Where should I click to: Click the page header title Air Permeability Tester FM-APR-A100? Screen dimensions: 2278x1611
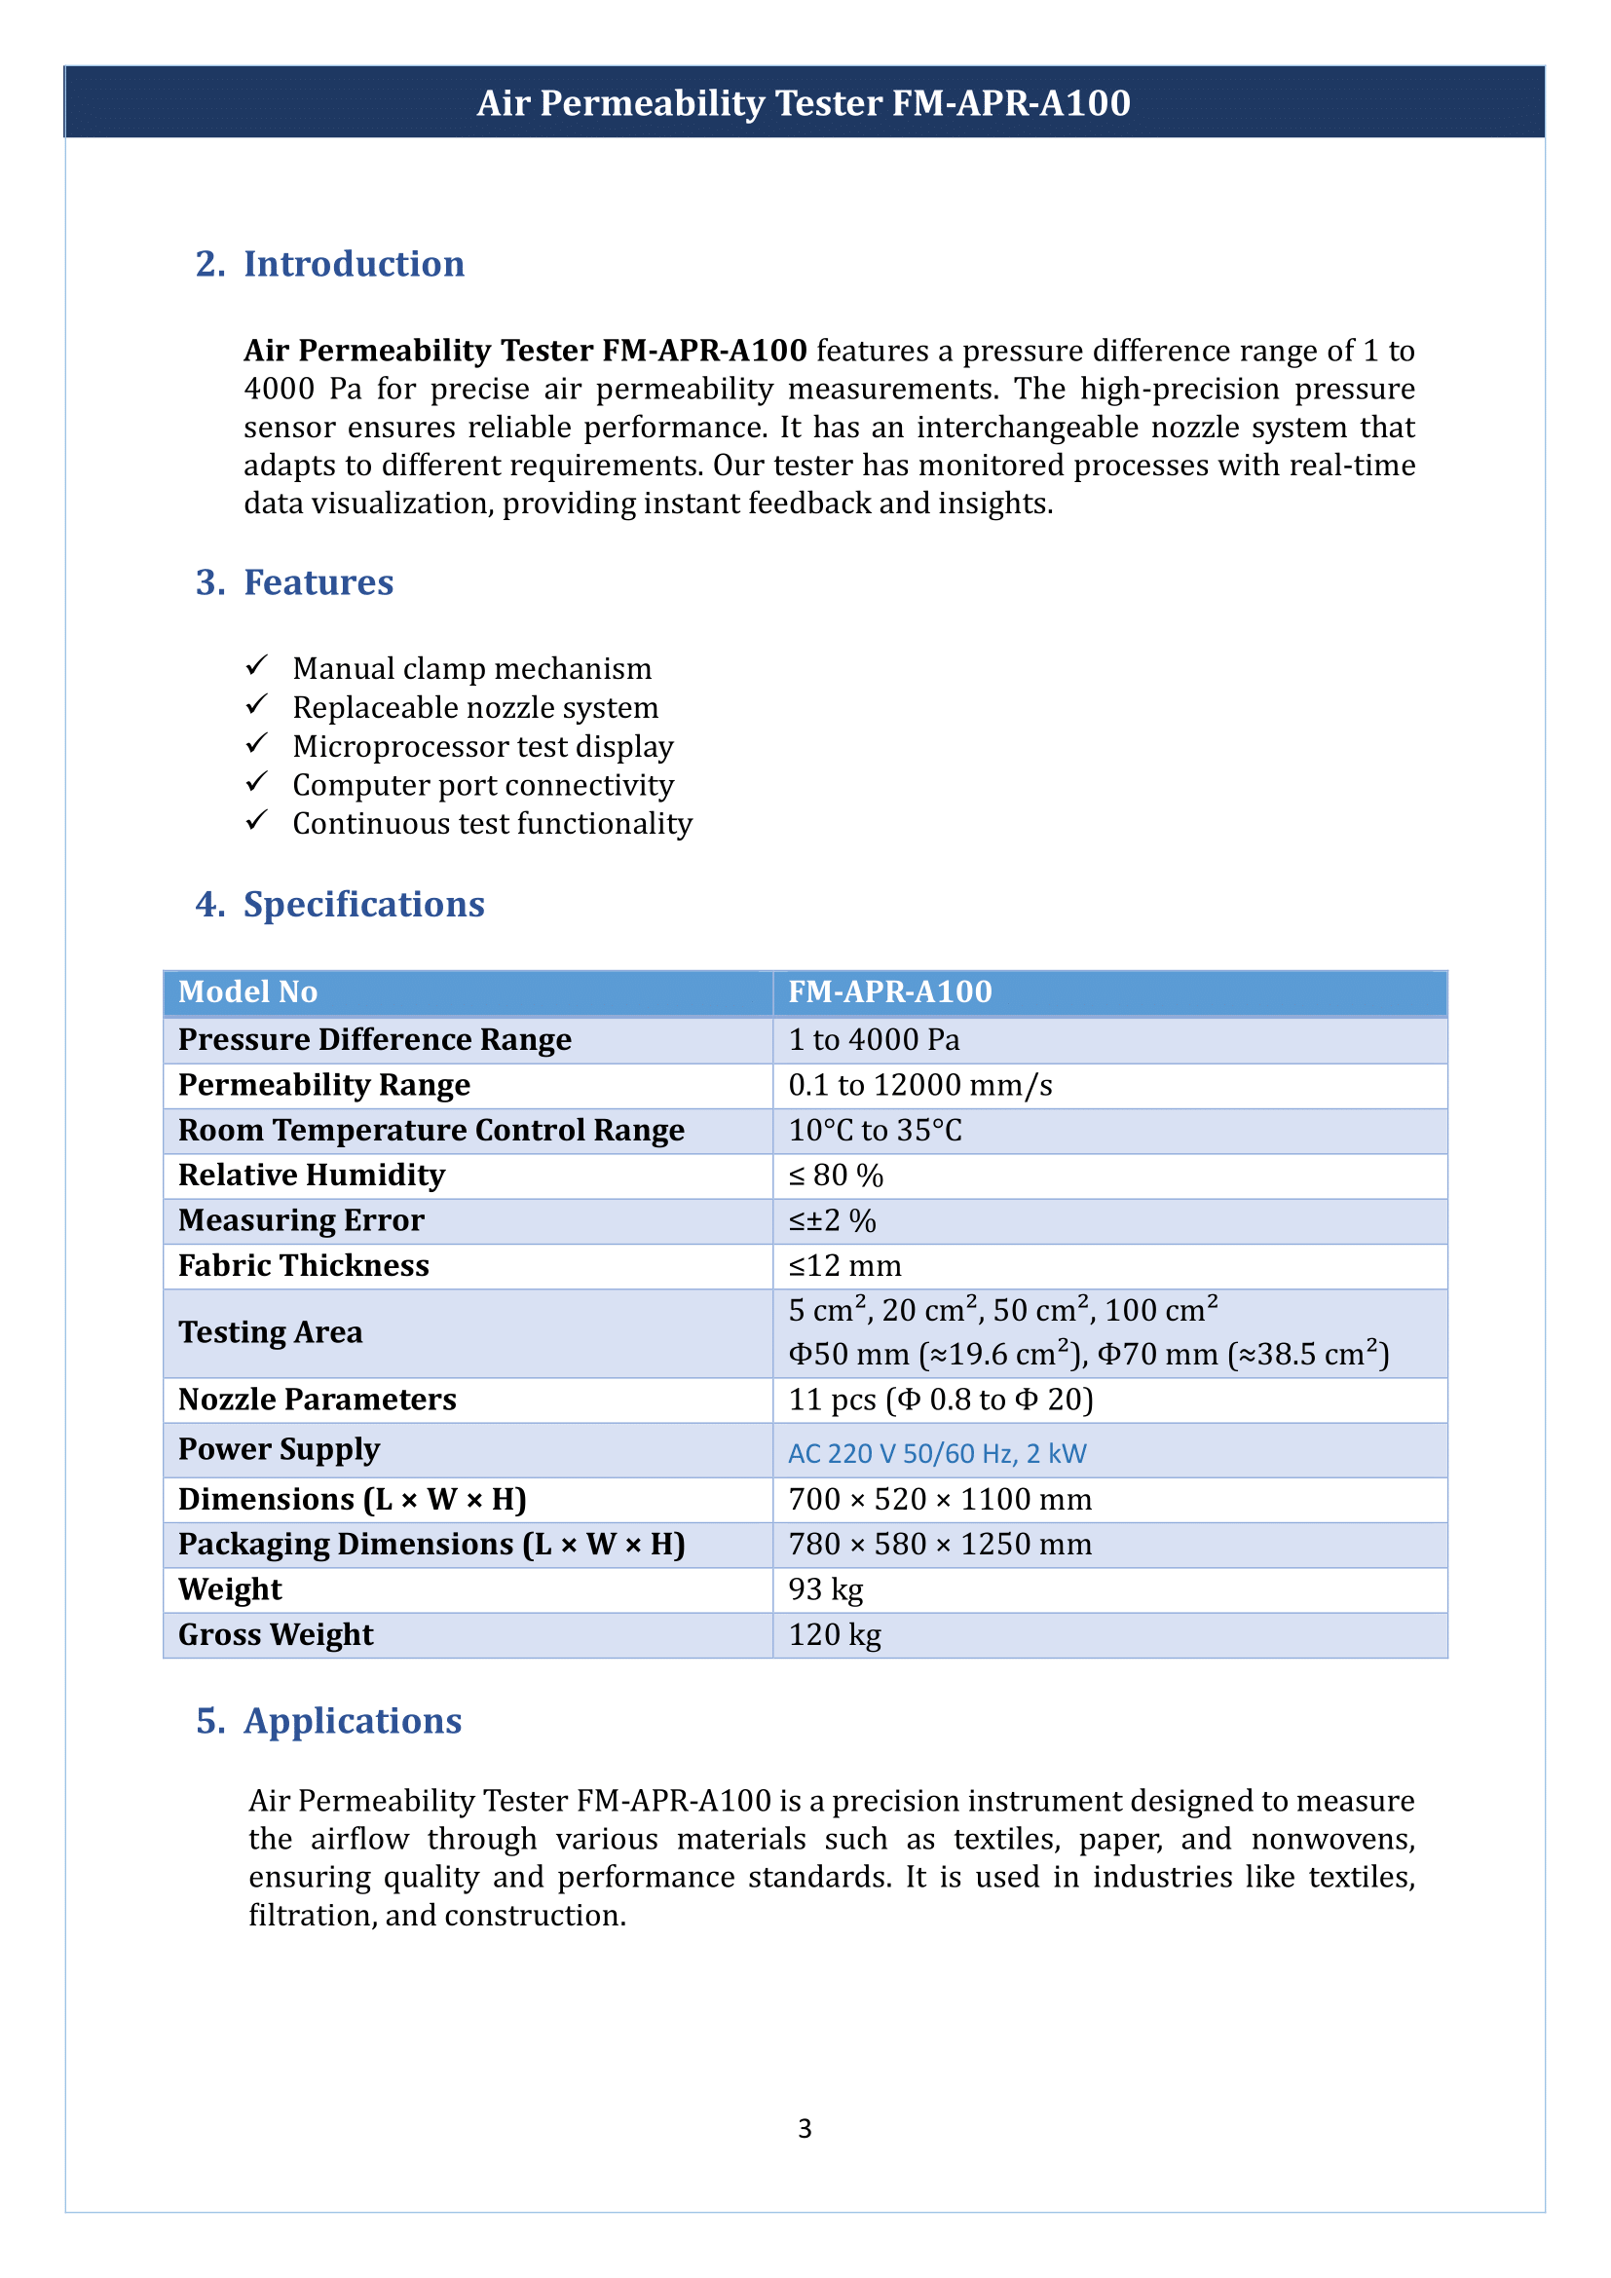(804, 103)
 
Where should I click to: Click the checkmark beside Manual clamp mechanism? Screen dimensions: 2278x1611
(257, 665)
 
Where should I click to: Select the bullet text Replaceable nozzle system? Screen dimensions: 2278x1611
(475, 707)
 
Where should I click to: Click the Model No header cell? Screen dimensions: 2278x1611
(248, 992)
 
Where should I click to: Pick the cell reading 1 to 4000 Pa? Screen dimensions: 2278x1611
(874, 1040)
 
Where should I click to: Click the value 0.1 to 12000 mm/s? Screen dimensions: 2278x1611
(919, 1085)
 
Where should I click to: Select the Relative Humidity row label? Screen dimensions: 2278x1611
(312, 1176)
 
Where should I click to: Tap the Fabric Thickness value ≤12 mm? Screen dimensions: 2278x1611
(845, 1266)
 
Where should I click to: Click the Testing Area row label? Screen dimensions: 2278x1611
(270, 1332)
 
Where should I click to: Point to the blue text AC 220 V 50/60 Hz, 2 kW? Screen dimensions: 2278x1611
(937, 1453)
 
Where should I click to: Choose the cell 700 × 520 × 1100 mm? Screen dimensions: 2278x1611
(939, 1499)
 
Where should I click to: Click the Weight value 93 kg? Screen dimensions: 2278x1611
(825, 1589)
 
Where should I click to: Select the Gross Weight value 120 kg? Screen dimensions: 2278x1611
(835, 1635)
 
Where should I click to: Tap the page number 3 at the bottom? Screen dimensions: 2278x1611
(805, 2128)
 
